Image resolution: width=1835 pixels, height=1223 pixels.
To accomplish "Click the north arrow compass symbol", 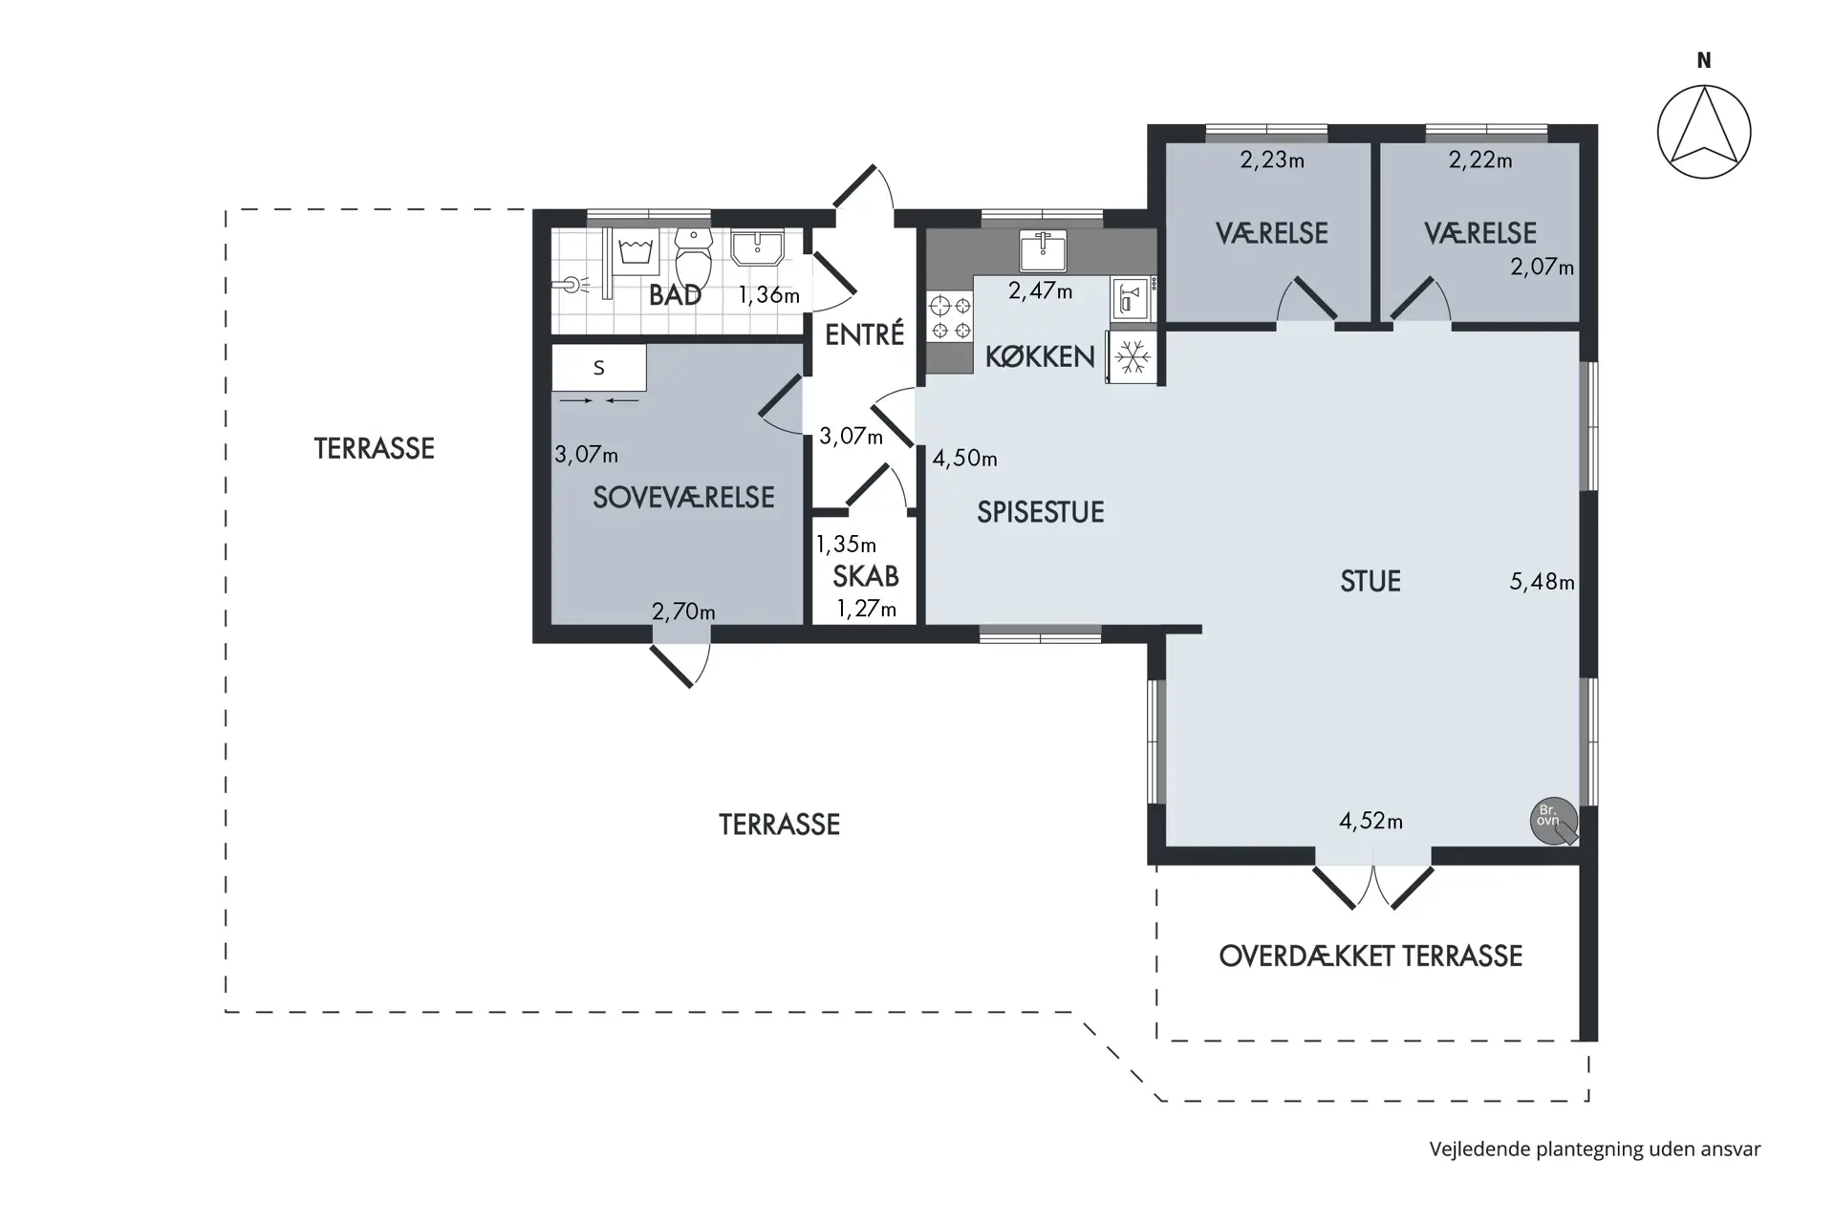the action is click(1704, 132).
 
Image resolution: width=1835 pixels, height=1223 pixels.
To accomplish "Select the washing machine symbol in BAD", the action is click(635, 251).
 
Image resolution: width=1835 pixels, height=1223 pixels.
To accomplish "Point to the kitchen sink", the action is click(1043, 250).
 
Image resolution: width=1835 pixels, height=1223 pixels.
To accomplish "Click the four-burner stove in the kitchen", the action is click(950, 317).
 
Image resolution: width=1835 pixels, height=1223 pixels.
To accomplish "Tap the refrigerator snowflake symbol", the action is click(1133, 357).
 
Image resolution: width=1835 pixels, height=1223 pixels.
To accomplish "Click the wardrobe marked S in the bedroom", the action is click(599, 368).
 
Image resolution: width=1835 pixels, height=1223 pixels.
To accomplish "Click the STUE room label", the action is click(1371, 581).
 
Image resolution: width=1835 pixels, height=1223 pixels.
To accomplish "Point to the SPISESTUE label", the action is click(1040, 512).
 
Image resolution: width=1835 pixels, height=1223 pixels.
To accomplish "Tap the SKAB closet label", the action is click(865, 576).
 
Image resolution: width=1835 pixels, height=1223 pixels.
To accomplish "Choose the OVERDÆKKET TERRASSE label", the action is click(1371, 955).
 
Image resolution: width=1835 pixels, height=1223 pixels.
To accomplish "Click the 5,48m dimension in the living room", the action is click(1542, 581).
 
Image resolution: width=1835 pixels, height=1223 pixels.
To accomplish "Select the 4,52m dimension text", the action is click(1371, 821).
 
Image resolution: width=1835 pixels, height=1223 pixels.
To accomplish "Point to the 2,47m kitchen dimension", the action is click(1040, 290).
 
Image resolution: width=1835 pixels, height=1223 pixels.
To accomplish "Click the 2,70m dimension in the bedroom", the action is click(683, 611).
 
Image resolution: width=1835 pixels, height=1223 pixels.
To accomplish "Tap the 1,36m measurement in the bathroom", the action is click(768, 295).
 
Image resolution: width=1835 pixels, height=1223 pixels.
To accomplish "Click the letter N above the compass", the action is click(1704, 60).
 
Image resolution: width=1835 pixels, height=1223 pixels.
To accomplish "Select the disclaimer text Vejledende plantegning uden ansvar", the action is click(1595, 1149).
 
